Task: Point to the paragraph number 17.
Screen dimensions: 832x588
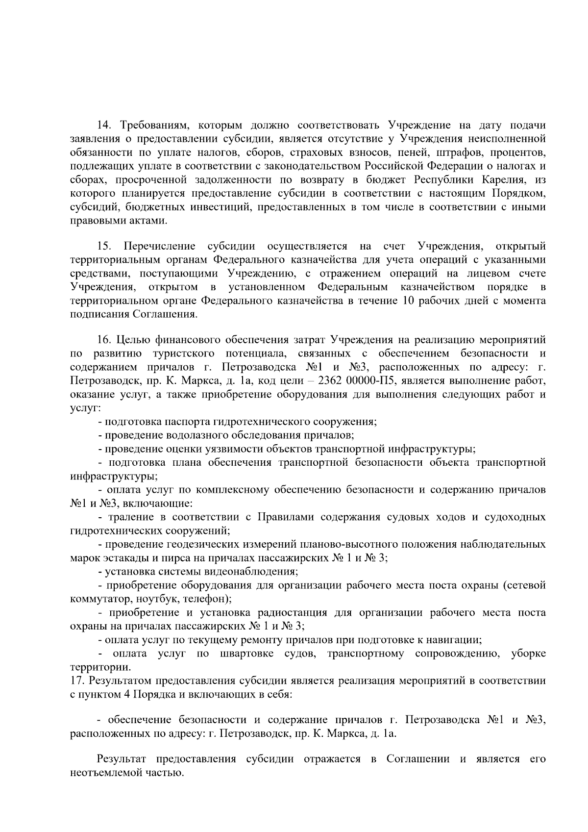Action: coord(77,681)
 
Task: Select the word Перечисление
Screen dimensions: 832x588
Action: coord(159,246)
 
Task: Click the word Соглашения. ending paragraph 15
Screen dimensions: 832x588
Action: coord(165,314)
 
